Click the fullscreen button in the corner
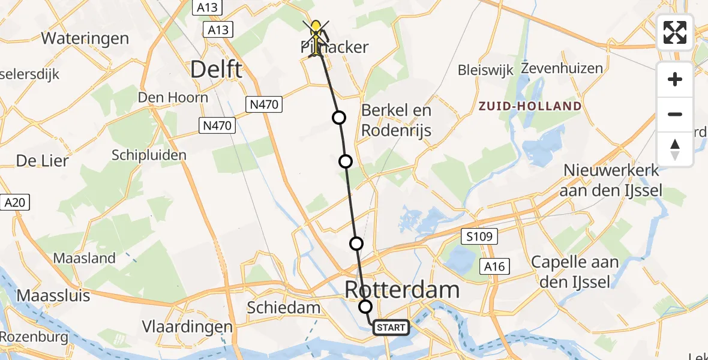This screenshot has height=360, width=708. (x=675, y=32)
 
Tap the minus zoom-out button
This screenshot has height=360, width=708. (x=675, y=114)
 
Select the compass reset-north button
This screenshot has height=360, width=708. (x=675, y=149)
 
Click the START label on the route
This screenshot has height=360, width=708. (x=391, y=328)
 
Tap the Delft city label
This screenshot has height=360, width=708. (x=216, y=70)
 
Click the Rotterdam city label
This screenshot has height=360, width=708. (x=402, y=290)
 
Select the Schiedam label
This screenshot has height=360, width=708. (x=284, y=308)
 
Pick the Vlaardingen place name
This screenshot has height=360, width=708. (x=187, y=327)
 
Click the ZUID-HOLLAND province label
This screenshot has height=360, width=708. (x=530, y=106)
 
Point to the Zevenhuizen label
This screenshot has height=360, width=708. (x=562, y=68)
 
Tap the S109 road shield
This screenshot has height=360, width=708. (x=479, y=236)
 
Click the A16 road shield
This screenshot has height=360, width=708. (x=494, y=267)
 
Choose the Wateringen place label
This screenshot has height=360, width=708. (x=85, y=38)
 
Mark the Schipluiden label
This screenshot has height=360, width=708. (x=149, y=155)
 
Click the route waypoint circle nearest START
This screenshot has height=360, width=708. (x=365, y=307)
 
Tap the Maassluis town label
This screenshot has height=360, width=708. (x=53, y=296)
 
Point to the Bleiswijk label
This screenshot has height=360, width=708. (x=485, y=70)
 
